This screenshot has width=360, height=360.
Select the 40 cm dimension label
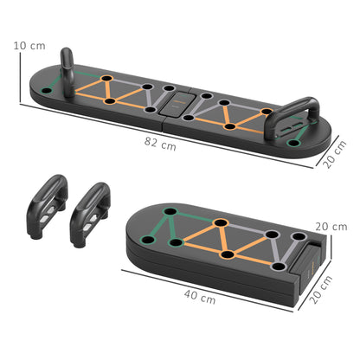point(200,298)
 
